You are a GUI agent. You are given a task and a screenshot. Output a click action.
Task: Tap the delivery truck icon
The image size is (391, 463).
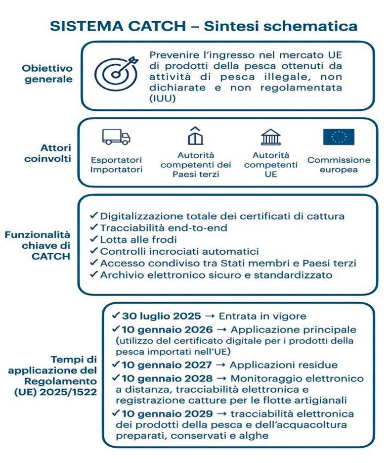[117, 137]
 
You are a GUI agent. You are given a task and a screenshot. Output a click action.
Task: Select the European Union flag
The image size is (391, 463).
[339, 137]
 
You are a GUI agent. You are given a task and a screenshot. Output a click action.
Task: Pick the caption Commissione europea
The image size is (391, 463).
[339, 165]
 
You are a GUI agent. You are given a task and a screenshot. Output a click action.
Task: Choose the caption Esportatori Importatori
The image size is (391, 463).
[117, 165]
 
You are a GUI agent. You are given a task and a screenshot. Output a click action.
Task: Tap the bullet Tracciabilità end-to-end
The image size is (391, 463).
[157, 228]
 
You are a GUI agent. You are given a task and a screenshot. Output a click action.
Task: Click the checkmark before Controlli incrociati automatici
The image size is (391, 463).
[93, 251]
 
